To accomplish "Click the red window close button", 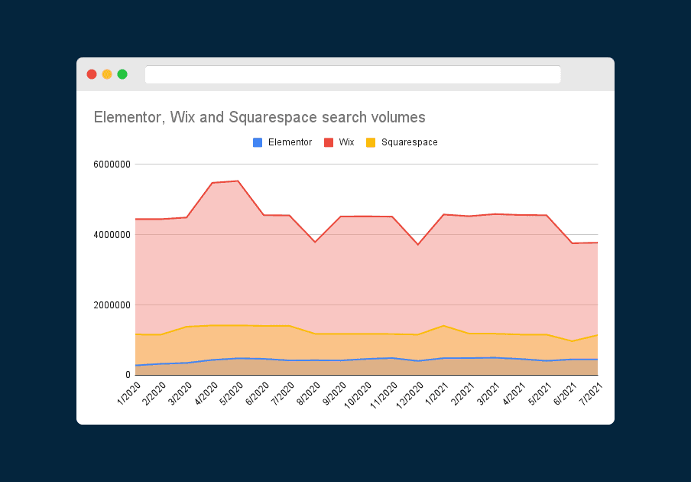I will coord(92,74).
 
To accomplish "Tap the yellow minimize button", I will coord(107,74).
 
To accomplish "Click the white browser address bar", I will coord(352,74).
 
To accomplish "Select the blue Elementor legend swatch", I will coord(258,142).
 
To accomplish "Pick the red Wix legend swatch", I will coord(329,142).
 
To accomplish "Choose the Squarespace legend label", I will coord(409,142).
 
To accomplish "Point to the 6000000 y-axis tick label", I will coord(111,164).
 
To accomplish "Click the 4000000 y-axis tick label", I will coord(111,234).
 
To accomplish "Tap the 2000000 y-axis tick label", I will coord(111,305).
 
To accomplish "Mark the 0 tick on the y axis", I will coord(128,375).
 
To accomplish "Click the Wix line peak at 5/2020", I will coord(238,181).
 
